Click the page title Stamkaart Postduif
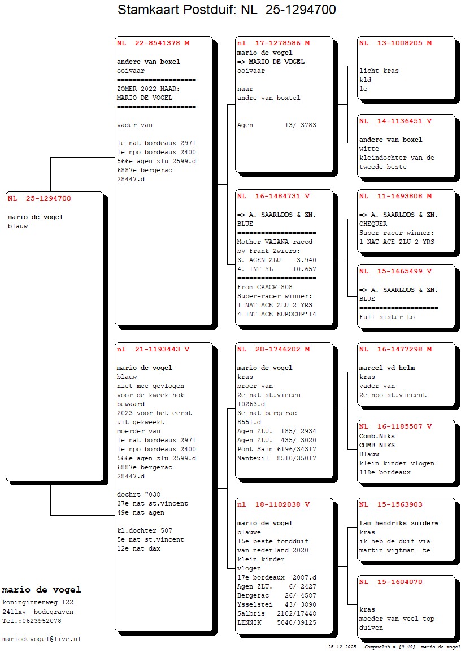227,10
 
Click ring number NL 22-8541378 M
153,43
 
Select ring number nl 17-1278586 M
273,43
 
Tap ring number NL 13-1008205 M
395,43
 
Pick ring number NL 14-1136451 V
395,121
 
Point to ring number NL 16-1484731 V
273,196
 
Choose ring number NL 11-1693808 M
395,196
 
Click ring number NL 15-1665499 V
395,271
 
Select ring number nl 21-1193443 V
153,349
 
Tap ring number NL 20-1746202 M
273,349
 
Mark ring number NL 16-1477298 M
395,349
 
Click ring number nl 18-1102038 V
273,504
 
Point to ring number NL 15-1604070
390,582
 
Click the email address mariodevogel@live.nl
42,639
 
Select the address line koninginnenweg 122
38,603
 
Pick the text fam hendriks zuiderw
399,523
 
